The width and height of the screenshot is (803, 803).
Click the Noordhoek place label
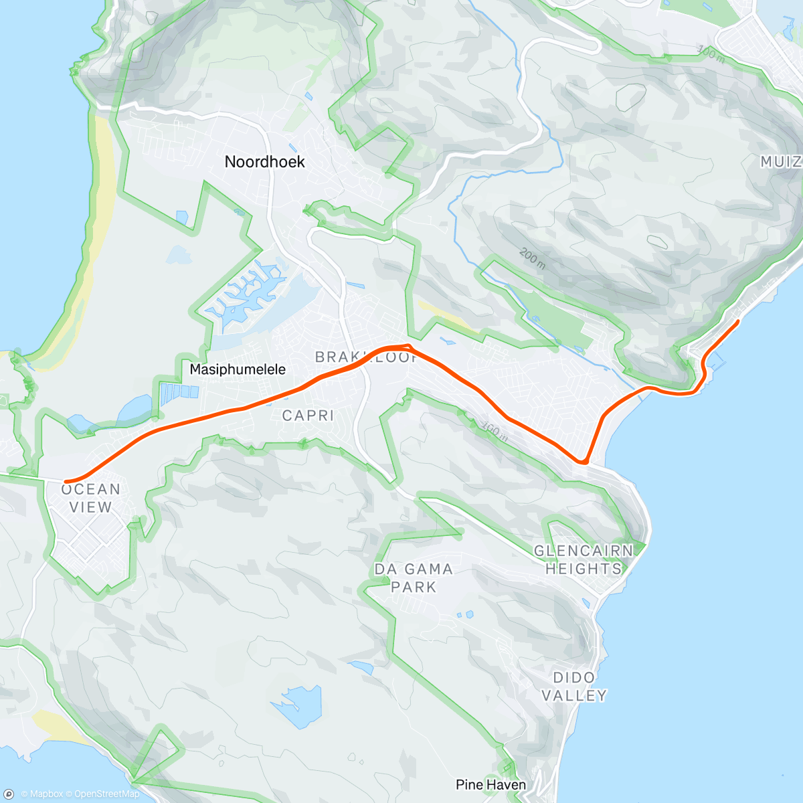pos(264,162)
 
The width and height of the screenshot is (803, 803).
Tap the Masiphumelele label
pos(238,369)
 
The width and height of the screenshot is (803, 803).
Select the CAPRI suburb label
pos(308,416)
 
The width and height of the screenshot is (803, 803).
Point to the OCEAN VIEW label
pos(90,498)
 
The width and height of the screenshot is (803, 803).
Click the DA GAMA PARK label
pos(414,578)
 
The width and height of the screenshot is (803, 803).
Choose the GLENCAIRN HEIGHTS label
pos(583,559)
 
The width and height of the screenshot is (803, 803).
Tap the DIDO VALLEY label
pos(573,686)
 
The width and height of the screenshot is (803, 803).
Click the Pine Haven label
pos(490,784)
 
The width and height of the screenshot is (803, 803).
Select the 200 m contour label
pos(532,258)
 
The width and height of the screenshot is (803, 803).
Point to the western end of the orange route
pos(66,482)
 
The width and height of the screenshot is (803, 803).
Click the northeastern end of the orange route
pos(737,322)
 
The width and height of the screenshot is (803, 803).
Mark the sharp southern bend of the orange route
pos(584,462)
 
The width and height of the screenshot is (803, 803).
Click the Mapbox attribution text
pos(41,794)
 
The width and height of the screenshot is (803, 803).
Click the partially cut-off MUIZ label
pos(781,162)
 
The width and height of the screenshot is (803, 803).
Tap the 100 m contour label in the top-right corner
pos(711,52)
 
